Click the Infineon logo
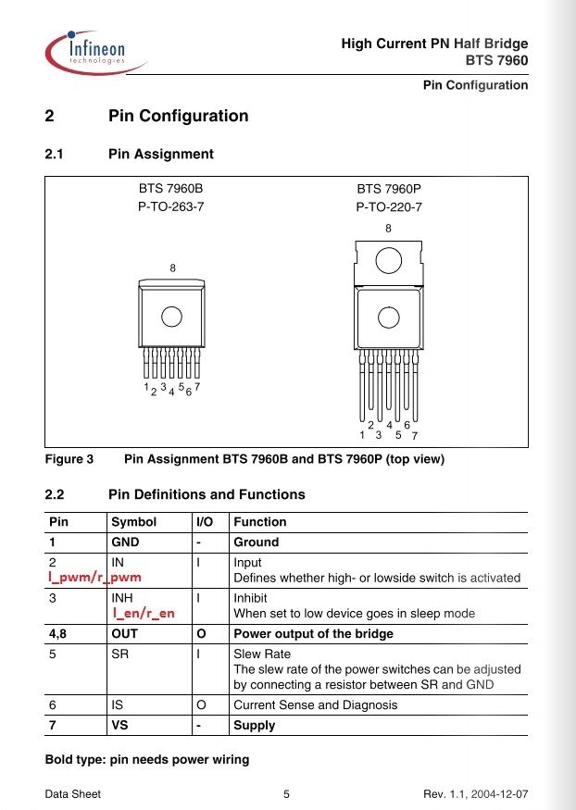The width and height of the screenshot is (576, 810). [95, 53]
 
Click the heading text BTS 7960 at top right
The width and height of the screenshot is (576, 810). [496, 60]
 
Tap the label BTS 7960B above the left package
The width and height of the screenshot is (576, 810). [171, 189]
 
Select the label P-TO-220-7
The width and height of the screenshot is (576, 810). [389, 207]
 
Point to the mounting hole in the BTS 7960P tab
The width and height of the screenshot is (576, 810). [389, 260]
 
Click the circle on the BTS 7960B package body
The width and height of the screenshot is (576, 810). [171, 317]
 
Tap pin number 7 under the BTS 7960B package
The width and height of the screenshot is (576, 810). [197, 386]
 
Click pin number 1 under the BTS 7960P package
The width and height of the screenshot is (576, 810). [362, 435]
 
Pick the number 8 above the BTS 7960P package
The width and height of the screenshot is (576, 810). [389, 229]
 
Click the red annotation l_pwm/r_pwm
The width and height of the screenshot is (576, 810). [94, 578]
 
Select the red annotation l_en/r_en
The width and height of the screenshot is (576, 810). [144, 613]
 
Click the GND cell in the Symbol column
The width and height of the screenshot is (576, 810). [125, 542]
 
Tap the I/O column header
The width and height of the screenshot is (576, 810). [205, 522]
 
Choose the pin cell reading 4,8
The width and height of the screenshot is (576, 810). [57, 634]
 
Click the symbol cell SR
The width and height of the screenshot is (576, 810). [119, 654]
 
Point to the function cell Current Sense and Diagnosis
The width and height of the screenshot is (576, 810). [316, 705]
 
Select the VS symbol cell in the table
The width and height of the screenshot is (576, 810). [119, 725]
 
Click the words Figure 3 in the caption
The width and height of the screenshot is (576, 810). [69, 459]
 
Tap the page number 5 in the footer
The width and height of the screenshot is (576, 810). [287, 794]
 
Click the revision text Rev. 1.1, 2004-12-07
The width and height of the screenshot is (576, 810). [476, 794]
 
